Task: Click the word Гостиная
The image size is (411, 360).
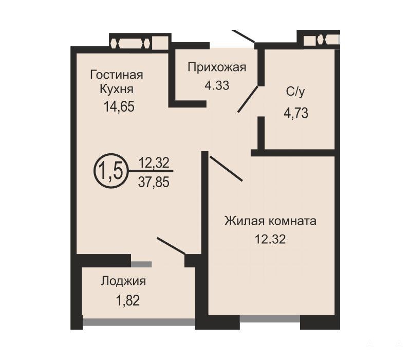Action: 117,75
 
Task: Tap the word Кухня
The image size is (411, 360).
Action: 117,89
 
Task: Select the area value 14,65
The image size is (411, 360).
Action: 119,107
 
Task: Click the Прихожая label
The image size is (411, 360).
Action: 217,67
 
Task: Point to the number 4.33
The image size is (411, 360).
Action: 217,85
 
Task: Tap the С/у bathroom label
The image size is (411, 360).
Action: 296,92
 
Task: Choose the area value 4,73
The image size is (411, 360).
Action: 296,113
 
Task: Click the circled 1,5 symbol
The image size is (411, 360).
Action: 110,171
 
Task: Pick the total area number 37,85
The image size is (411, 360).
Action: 154,182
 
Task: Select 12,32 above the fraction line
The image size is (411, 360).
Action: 154,163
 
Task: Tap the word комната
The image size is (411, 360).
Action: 293,222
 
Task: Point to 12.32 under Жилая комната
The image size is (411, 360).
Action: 270,239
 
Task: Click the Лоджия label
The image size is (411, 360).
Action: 123,281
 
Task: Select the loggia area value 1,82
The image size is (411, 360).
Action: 127,300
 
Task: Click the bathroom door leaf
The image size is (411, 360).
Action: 248,99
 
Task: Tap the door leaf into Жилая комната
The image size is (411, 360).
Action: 226,169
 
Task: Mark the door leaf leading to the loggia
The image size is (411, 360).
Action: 171,246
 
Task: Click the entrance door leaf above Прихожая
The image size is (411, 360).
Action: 243,36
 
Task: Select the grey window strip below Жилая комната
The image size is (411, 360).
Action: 270,318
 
